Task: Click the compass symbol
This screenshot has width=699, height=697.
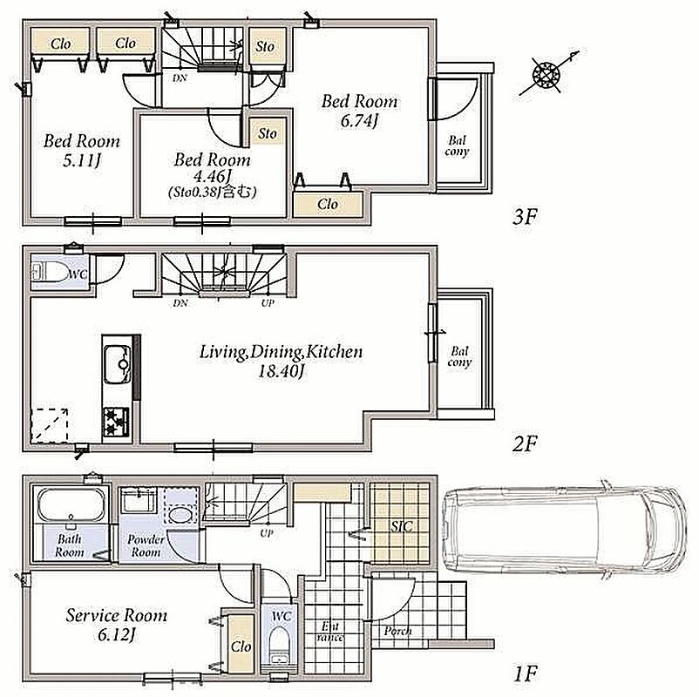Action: click(x=546, y=74)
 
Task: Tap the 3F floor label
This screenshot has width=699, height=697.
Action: click(x=525, y=217)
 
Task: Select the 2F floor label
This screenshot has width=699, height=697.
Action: click(x=525, y=443)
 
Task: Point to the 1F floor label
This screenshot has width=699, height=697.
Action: click(x=525, y=673)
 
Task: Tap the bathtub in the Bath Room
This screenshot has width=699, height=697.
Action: click(x=71, y=505)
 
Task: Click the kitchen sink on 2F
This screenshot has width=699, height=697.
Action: click(x=118, y=364)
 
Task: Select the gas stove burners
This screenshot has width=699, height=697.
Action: click(x=116, y=423)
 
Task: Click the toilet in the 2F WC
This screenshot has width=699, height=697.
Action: click(x=50, y=272)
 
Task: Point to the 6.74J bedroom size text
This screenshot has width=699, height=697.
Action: click(x=359, y=121)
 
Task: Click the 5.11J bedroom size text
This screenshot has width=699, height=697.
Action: click(x=82, y=160)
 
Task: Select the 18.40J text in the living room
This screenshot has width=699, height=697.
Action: click(x=282, y=371)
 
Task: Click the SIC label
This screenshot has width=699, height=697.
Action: click(x=402, y=527)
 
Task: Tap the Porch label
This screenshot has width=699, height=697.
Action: click(x=397, y=631)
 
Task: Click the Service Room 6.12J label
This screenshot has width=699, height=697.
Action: click(x=116, y=625)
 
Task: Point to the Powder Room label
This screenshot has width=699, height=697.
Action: click(x=146, y=545)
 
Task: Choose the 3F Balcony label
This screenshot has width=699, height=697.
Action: click(x=457, y=146)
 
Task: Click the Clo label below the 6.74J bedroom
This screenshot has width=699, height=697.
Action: click(x=328, y=205)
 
